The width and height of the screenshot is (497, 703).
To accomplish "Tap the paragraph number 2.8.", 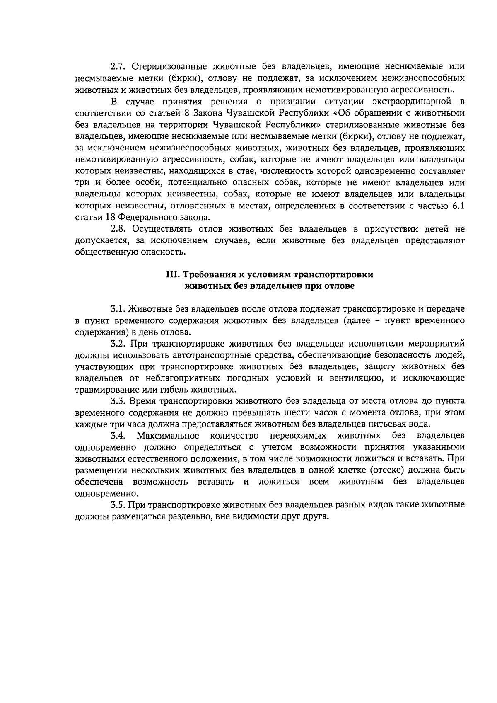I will tap(118, 229).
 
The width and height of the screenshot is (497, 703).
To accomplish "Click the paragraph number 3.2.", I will tap(118, 344).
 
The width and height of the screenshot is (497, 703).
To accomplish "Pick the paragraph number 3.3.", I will tap(118, 401).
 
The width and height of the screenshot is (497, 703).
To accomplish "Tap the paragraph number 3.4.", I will tap(118, 436).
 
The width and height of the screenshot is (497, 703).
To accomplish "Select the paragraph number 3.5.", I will tap(118, 505).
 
